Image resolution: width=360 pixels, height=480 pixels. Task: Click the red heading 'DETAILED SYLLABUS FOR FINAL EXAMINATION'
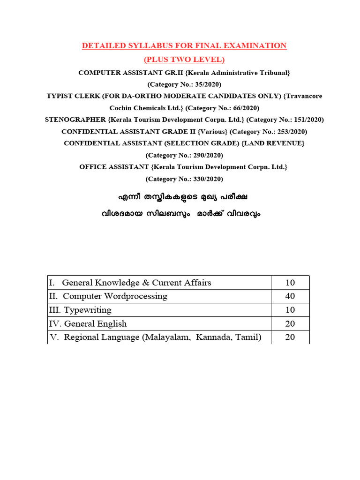184,46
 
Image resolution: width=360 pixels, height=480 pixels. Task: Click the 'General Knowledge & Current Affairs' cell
136,283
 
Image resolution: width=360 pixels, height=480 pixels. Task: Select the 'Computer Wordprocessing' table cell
115,296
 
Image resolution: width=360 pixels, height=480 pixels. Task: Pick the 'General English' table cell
95,323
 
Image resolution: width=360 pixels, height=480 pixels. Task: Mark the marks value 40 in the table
290,296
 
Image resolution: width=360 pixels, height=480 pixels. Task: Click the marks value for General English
290,323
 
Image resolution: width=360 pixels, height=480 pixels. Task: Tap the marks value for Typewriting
290,310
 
